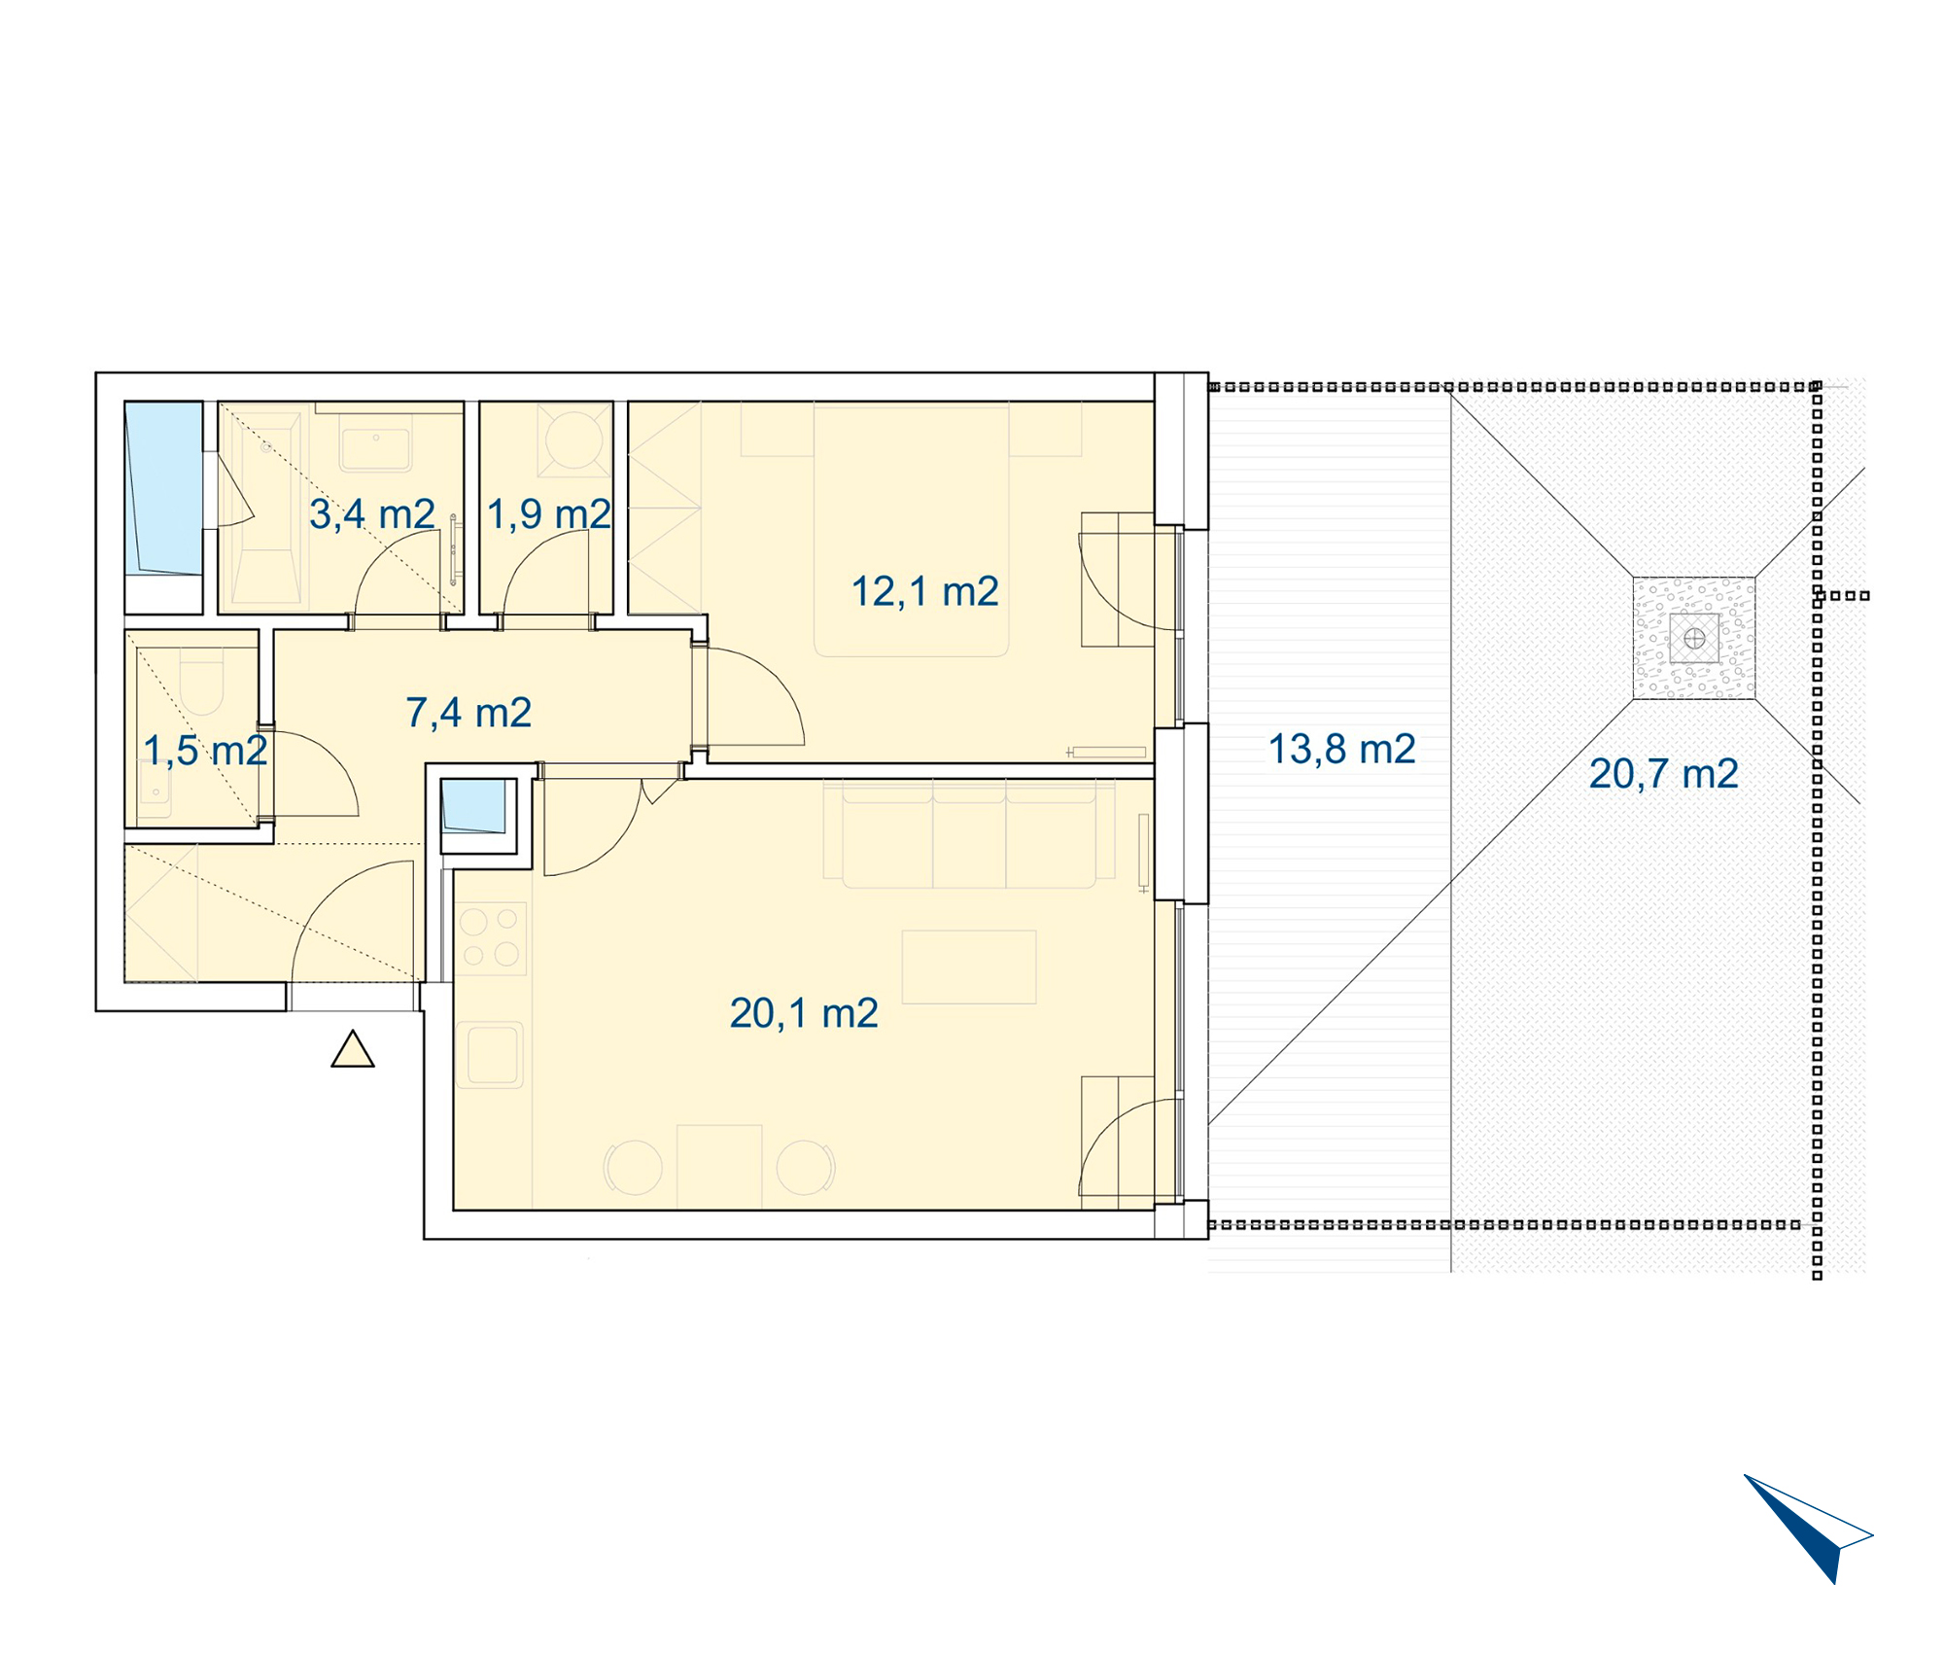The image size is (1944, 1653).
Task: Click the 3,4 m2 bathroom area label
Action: point(372,514)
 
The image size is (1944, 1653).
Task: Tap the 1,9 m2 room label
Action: point(549,514)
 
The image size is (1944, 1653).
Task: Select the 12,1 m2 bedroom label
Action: point(925,591)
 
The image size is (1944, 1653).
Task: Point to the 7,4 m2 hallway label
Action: point(469,713)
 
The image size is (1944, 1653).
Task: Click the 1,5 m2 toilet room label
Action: point(205,751)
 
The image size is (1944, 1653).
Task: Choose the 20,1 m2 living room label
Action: point(804,1013)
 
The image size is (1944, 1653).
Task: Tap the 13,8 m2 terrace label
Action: point(1342,749)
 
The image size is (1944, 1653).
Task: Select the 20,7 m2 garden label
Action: point(1664,774)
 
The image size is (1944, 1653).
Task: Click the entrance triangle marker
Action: point(353,1050)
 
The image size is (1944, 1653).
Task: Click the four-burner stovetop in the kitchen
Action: point(491,938)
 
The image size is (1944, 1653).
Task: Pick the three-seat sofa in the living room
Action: point(970,834)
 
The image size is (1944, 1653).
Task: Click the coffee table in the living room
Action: point(969,967)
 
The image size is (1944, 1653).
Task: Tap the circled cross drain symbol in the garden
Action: point(1694,639)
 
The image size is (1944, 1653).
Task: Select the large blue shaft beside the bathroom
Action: point(163,488)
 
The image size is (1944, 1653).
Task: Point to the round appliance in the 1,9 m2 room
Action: point(574,439)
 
